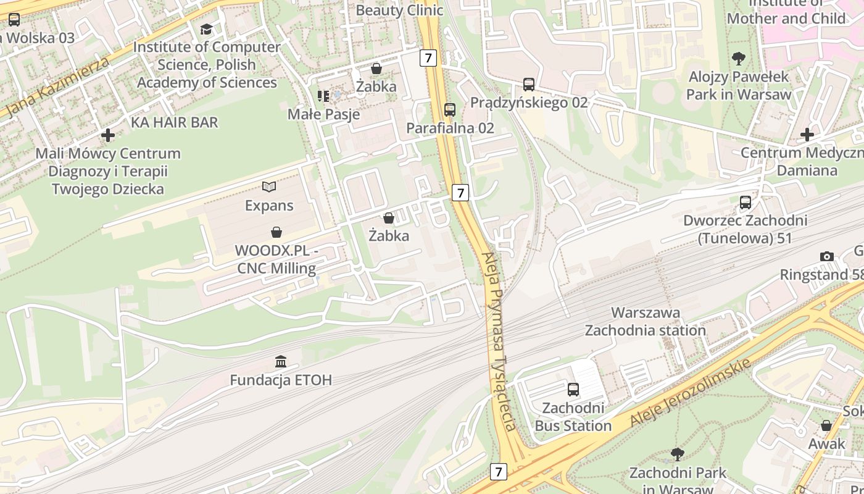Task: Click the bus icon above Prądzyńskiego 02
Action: coord(528,85)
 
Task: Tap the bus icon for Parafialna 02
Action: coord(450,110)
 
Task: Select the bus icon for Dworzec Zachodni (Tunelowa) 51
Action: coord(746,203)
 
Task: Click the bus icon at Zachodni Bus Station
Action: coord(573,390)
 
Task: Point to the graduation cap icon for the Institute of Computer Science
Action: coord(206,29)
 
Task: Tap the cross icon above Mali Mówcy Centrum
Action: coord(108,135)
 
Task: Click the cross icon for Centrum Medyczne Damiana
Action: coord(807,135)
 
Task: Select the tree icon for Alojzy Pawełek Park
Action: coord(738,59)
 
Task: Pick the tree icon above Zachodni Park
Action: coord(677,454)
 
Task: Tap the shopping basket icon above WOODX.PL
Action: coord(276,233)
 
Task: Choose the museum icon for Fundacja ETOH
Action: coord(281,361)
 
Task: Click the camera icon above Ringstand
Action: coord(826,256)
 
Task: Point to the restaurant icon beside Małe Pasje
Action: coord(323,96)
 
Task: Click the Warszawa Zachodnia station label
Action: coord(645,321)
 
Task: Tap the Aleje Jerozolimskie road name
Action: coord(691,393)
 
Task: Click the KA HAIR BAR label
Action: coord(174,122)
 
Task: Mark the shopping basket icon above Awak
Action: coord(826,425)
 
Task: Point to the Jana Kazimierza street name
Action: coord(57,86)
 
